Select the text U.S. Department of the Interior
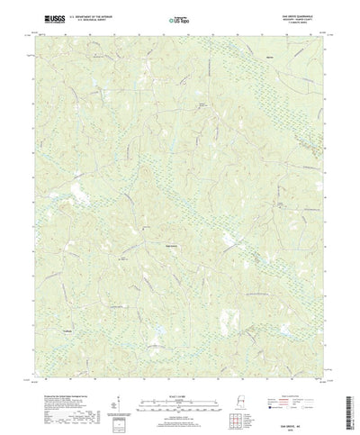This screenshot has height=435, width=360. (x=88, y=14)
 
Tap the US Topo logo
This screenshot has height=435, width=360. (x=179, y=17)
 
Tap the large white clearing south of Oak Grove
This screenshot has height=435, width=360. (x=231, y=319)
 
